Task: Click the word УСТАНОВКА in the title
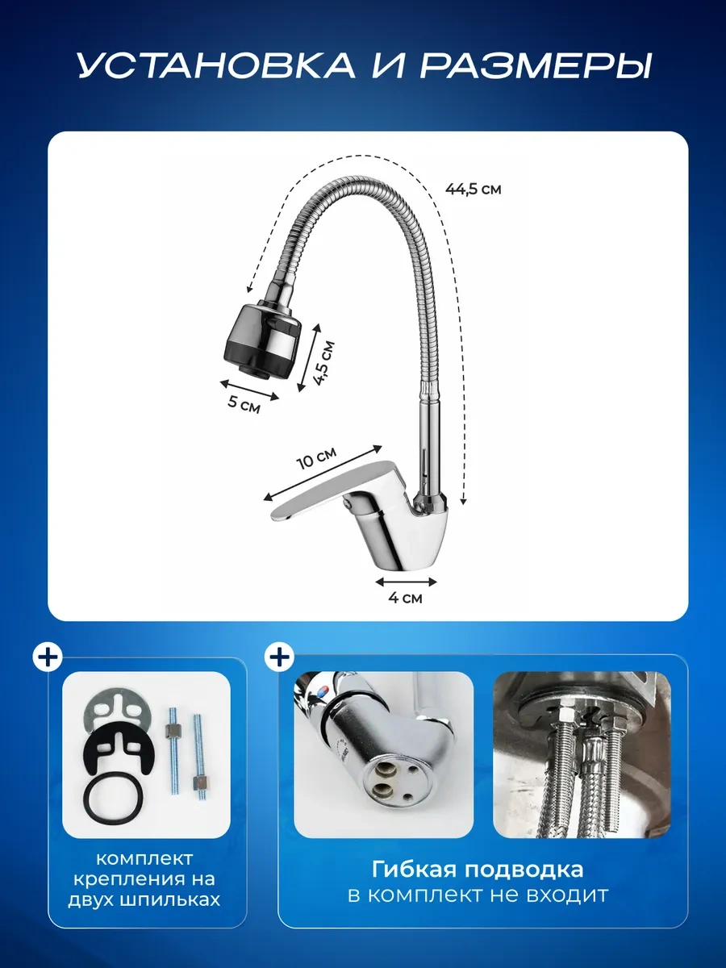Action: pyautogui.click(x=216, y=65)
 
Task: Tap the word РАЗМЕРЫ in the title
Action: pyautogui.click(x=535, y=65)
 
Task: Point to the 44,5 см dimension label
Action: pyautogui.click(x=473, y=190)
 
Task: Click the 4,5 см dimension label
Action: pyautogui.click(x=323, y=363)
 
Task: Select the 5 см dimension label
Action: pyautogui.click(x=244, y=404)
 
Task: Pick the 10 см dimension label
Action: pyautogui.click(x=316, y=457)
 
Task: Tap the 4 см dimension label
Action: pyautogui.click(x=405, y=598)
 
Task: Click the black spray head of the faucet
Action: pyautogui.click(x=260, y=341)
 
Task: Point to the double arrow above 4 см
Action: pyautogui.click(x=406, y=582)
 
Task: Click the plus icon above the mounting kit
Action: pyautogui.click(x=48, y=657)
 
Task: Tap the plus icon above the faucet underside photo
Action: pyautogui.click(x=279, y=657)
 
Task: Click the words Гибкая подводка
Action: pyautogui.click(x=478, y=870)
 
